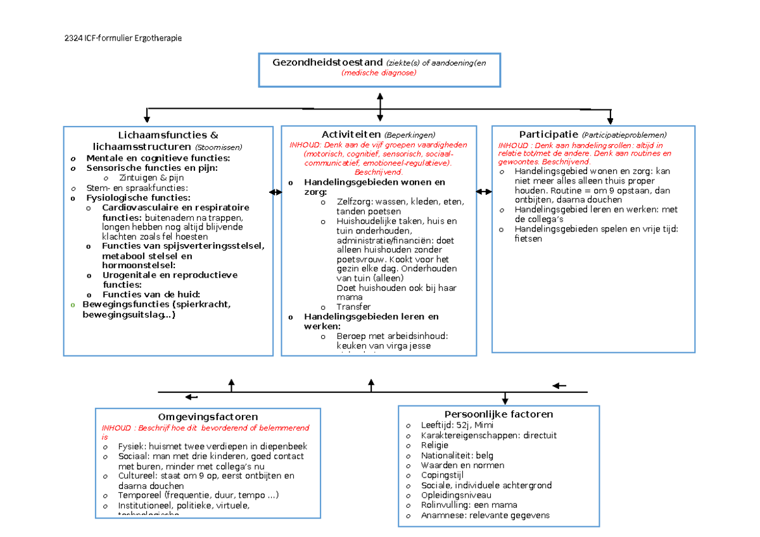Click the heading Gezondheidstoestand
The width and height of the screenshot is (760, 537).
tap(327, 62)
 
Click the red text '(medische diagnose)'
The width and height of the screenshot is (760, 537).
tap(379, 73)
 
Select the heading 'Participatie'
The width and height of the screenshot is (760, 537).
tap(548, 134)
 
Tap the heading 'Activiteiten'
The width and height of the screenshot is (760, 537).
tap(351, 134)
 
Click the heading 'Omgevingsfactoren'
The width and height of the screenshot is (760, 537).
tap(208, 417)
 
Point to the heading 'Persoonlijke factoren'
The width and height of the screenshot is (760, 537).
tap(498, 414)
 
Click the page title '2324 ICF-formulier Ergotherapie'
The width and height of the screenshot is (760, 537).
tap(123, 39)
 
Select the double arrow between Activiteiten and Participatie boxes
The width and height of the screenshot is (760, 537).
tap(484, 192)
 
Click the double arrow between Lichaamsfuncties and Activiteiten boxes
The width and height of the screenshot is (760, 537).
tap(276, 192)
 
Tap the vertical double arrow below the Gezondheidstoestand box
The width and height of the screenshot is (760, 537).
tap(379, 106)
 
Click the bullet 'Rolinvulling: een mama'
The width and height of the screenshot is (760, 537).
tap(469, 505)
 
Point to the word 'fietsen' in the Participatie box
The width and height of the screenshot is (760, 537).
tap(529, 239)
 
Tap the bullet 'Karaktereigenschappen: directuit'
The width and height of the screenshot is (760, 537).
tap(488, 435)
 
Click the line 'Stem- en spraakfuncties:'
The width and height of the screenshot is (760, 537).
tap(137, 188)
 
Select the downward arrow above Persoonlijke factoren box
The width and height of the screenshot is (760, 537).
tap(505, 398)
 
